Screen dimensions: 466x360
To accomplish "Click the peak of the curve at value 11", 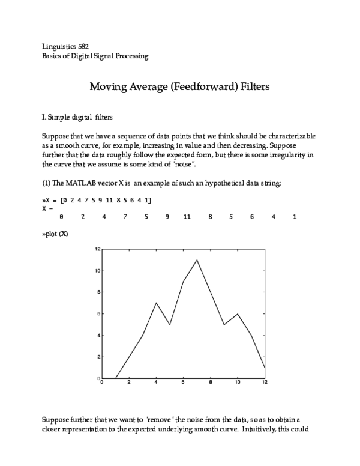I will tap(197, 260).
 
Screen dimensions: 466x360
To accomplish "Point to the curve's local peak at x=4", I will tap(156, 303).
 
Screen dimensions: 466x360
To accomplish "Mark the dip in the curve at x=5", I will tap(170, 324).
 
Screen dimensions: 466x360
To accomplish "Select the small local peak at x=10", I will tap(238, 313).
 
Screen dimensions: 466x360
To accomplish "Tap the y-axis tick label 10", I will tap(97, 271).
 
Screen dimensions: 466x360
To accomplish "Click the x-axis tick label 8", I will tap(211, 383).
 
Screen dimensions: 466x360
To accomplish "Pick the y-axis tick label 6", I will tap(98, 314).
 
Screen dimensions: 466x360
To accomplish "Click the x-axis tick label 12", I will tap(265, 383).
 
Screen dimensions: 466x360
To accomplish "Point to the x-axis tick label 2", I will tap(129, 383).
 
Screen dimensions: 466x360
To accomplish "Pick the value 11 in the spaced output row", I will tap(187, 217).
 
